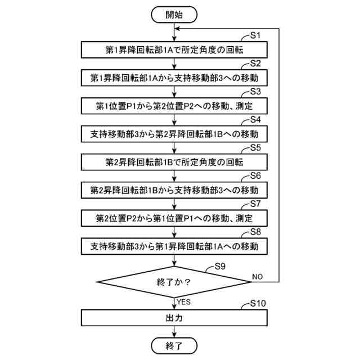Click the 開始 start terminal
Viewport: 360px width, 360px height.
tap(174, 15)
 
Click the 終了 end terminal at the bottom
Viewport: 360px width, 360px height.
tap(174, 344)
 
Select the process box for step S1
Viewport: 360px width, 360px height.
tap(174, 49)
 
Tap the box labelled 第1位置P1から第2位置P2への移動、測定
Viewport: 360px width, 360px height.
tap(174, 106)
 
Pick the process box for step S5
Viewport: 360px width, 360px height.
tap(174, 162)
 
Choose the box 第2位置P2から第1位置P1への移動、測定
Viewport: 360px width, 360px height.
tap(174, 218)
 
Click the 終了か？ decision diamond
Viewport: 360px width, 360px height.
tap(174, 281)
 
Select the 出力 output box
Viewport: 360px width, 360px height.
tap(174, 317)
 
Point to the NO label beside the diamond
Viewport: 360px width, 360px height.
tap(257, 277)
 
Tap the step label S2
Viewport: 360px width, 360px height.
tap(255, 63)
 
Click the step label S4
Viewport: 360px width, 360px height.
tap(255, 119)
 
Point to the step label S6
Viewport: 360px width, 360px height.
tap(255, 175)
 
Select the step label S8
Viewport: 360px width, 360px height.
tap(255, 231)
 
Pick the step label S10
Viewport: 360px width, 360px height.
tap(258, 304)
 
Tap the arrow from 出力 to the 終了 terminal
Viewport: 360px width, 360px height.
tap(174, 332)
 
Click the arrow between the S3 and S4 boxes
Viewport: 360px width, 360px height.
tap(174, 120)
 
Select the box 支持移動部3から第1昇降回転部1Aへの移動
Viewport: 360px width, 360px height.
tap(174, 246)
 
